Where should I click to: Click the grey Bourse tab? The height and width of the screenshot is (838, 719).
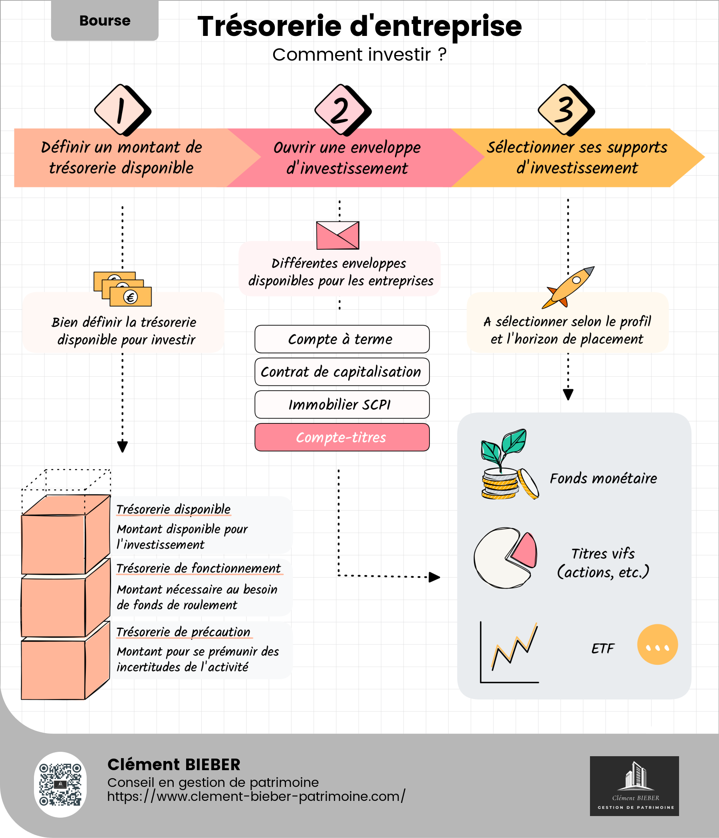click(x=104, y=20)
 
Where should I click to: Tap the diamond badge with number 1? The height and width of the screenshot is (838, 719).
click(x=121, y=110)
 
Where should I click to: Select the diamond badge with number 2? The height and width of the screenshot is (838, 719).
click(x=341, y=110)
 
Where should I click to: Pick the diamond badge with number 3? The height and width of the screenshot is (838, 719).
click(x=565, y=110)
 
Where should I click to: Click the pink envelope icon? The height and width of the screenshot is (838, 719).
click(x=337, y=235)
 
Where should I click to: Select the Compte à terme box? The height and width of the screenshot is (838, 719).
click(x=342, y=339)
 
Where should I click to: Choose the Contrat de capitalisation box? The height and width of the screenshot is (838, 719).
click(x=342, y=372)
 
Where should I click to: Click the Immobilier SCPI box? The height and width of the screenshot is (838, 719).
click(x=342, y=405)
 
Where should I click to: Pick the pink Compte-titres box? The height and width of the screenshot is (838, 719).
click(x=342, y=437)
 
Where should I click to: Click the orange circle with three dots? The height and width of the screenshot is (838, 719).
click(x=657, y=644)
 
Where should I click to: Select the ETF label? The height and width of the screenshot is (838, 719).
click(x=602, y=649)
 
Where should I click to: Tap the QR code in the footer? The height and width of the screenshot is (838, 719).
click(x=60, y=785)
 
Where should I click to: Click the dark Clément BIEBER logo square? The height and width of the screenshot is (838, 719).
click(x=634, y=786)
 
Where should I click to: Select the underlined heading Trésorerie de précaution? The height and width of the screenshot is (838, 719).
click(x=183, y=632)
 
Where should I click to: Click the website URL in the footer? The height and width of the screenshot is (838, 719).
click(x=256, y=796)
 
